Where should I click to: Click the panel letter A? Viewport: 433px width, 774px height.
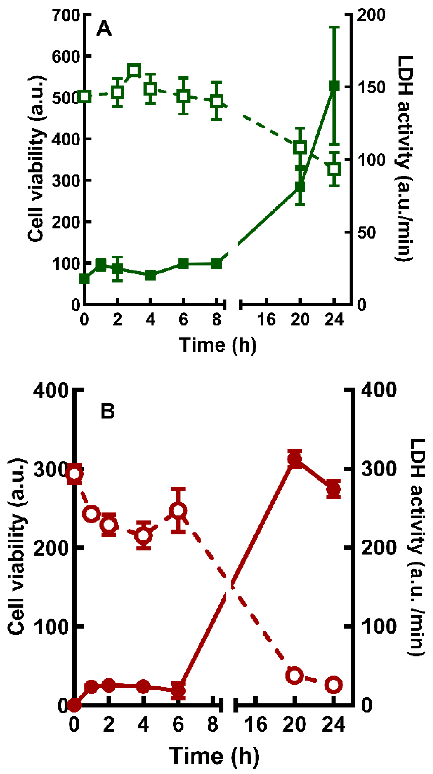(x=104, y=29)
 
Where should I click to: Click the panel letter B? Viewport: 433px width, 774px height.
(x=107, y=411)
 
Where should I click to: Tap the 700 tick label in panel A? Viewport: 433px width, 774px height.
(x=66, y=15)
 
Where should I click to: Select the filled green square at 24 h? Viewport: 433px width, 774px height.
(x=334, y=86)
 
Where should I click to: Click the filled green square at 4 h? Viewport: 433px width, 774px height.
(x=150, y=275)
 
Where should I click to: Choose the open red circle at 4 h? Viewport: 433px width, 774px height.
(x=143, y=535)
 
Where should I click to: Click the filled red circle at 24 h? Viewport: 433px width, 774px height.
(x=334, y=489)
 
